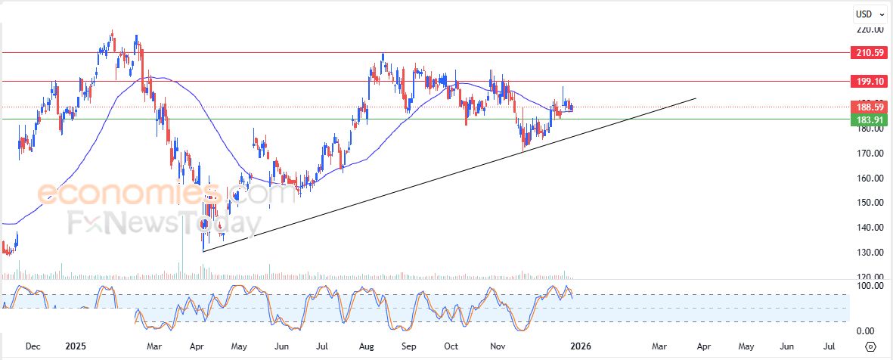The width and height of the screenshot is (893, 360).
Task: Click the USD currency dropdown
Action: coord(870,14)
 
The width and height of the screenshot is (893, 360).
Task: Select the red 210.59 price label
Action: coord(868,53)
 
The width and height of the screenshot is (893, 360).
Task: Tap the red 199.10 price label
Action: coord(868,81)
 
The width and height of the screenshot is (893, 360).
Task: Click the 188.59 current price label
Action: coord(868,107)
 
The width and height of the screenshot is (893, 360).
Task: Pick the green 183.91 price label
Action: coord(868,119)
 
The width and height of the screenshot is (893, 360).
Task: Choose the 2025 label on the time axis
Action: coord(75,346)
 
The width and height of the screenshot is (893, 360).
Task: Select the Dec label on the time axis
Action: coord(33,346)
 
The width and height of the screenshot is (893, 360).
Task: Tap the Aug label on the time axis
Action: coord(367,346)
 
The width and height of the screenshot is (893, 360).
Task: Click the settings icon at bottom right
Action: coord(870,346)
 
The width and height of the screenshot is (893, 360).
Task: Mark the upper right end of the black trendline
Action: coord(695,98)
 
